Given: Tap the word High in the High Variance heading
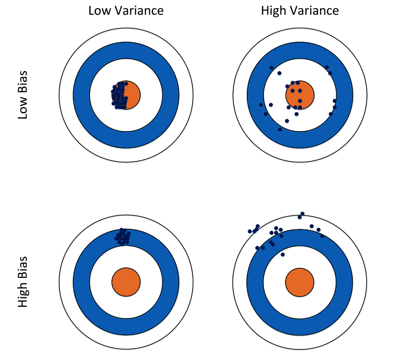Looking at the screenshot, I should pos(274,11).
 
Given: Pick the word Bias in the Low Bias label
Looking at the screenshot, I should pos(23,83).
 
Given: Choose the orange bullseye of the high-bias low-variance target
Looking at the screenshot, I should pos(126,282).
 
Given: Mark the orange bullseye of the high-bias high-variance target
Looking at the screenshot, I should pos(300,282).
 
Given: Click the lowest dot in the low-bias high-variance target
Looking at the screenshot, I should pos(280,129).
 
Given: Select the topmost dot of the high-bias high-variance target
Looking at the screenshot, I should pos(302,214).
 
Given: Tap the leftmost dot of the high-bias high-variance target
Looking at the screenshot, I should pos(250,231).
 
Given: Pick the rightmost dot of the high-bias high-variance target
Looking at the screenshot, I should pos(322,236).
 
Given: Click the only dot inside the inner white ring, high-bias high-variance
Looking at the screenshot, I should pos(283,254).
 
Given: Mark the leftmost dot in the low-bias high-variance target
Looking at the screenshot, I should pos(261,105).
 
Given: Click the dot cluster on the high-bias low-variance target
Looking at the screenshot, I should pos(123,237).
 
